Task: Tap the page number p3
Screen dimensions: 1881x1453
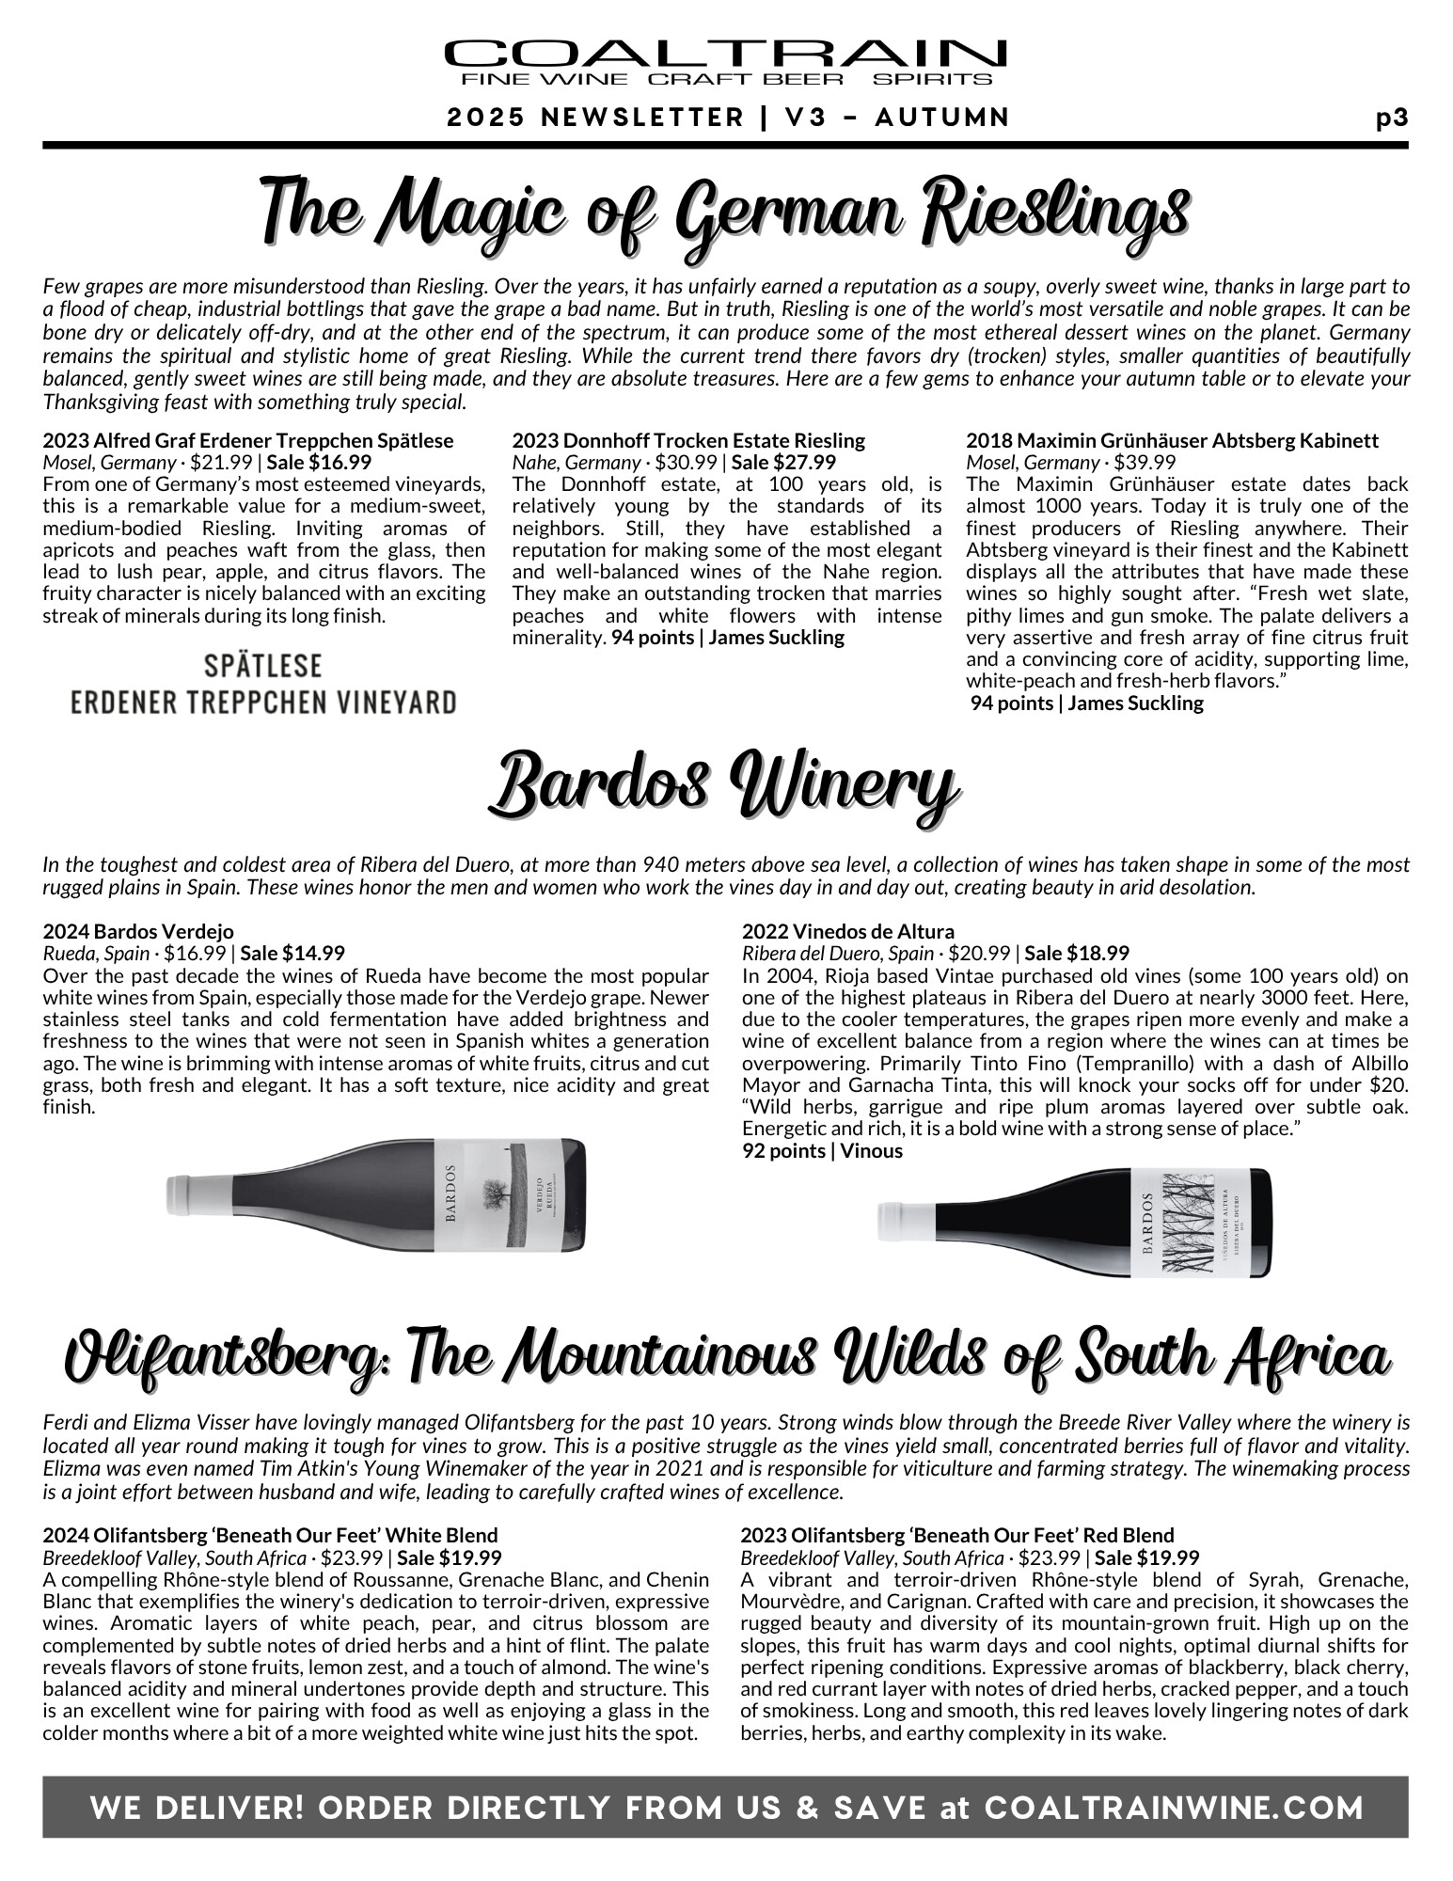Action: coord(1391,118)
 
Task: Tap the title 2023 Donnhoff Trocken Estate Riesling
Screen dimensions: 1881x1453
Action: coord(688,440)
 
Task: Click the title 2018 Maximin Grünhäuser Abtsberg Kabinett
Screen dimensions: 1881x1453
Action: coord(1172,440)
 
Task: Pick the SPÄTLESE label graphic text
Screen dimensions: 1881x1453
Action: coord(263,667)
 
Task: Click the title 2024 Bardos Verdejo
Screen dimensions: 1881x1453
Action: coord(138,932)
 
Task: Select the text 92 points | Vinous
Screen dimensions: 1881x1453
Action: coord(822,1151)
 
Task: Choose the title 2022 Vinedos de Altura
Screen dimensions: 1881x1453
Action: coord(847,932)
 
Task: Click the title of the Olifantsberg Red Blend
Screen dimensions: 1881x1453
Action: coord(957,1536)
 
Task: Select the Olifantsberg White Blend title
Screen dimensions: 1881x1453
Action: coord(270,1536)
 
